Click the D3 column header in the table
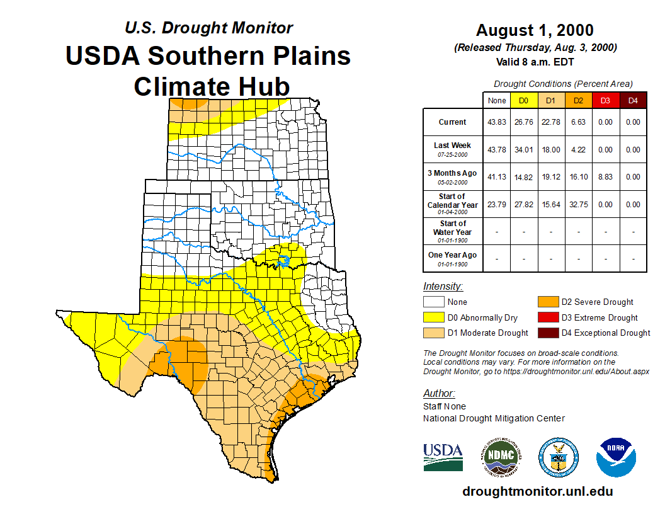pyautogui.click(x=605, y=100)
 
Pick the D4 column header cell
pyautogui.click(x=633, y=100)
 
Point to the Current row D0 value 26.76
pyautogui.click(x=524, y=122)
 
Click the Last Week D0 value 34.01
pyautogui.click(x=524, y=150)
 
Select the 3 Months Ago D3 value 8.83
pyautogui.click(x=605, y=177)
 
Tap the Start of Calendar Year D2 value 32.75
pyautogui.click(x=578, y=205)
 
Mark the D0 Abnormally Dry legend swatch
pyautogui.click(x=434, y=317)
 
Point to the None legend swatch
pyautogui.click(x=434, y=302)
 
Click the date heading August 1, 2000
pyautogui.click(x=535, y=30)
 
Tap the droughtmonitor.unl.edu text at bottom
pyautogui.click(x=537, y=491)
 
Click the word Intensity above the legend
pyautogui.click(x=443, y=287)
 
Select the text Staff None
pyautogui.click(x=445, y=406)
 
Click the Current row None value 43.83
pyautogui.click(x=497, y=122)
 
